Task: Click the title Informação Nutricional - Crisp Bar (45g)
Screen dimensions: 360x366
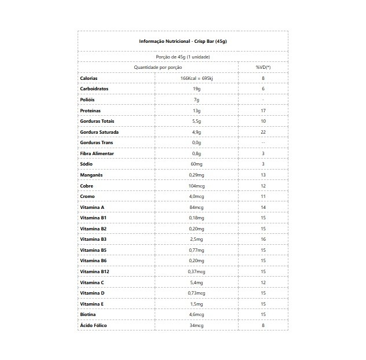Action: click(183, 42)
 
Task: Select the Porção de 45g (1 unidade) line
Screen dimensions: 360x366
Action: click(183, 57)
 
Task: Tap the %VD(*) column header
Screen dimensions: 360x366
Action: click(263, 68)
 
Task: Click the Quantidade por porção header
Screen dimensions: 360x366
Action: click(158, 68)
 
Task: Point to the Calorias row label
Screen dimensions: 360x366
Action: click(89, 78)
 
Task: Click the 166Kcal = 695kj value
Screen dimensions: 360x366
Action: click(196, 78)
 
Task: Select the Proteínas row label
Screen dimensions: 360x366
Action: click(91, 111)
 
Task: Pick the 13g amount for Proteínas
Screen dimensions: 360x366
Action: click(196, 111)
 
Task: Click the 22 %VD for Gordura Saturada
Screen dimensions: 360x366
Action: click(263, 132)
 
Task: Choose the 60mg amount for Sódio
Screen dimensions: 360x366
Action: click(196, 164)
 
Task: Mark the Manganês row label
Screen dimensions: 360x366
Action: click(91, 175)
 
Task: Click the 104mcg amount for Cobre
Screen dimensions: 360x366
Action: click(196, 186)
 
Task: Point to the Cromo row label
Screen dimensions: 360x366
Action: click(88, 196)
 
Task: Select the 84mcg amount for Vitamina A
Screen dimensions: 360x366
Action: click(196, 207)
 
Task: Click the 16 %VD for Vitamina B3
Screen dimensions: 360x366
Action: click(263, 239)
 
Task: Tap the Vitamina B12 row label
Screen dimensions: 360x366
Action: click(94, 271)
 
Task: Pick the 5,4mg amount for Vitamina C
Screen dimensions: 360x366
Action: click(196, 282)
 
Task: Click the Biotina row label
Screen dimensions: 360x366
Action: click(89, 314)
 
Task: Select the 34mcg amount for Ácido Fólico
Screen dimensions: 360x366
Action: click(196, 325)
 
